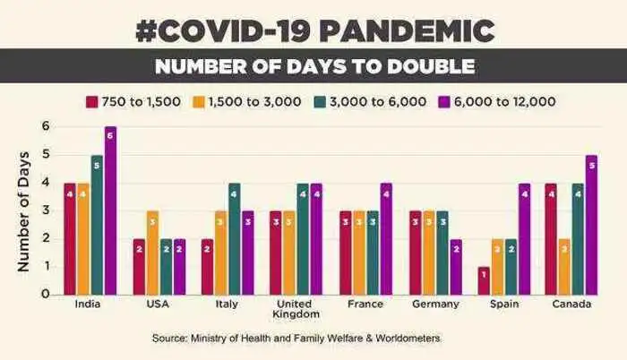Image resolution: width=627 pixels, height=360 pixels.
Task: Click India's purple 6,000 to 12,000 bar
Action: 110,210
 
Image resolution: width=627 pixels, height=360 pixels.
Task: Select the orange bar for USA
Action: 152,252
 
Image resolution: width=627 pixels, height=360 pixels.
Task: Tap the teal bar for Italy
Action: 235,238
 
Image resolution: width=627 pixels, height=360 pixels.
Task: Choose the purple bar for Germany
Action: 456,266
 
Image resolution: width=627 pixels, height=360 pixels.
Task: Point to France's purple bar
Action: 386,238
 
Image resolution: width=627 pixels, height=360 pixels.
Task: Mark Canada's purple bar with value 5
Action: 592,225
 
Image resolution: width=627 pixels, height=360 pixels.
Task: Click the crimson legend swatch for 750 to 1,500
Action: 91,100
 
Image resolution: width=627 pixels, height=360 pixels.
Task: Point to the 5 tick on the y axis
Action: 45,155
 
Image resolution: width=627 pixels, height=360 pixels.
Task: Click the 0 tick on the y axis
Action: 45,294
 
